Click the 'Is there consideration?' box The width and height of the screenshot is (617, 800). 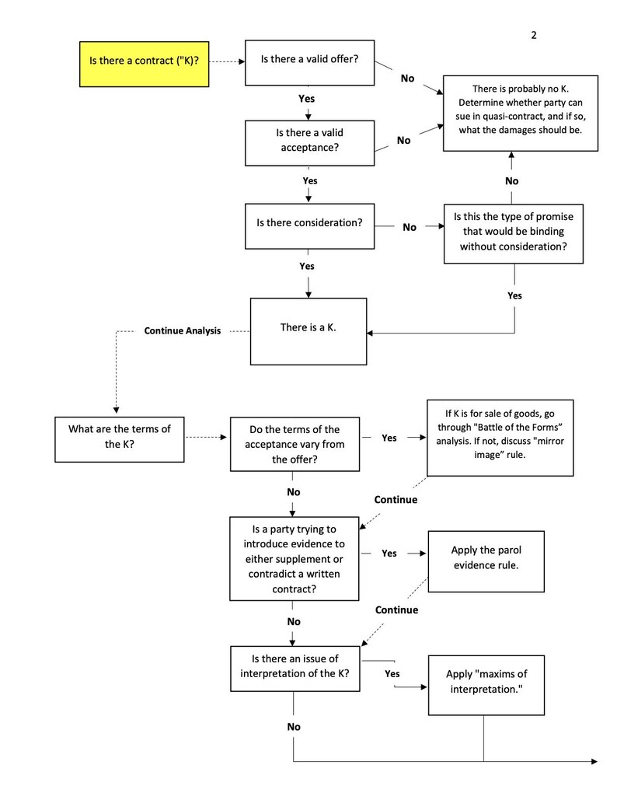point(308,223)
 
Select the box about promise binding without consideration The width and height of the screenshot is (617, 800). point(513,232)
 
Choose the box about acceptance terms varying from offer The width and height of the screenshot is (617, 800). point(295,444)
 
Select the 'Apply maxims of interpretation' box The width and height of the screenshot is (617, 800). point(484,683)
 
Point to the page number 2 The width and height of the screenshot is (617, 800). point(534,34)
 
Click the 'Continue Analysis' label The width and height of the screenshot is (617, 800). point(183,330)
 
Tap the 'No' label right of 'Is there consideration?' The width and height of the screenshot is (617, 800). point(410,227)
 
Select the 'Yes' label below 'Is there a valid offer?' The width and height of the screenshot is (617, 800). point(307,99)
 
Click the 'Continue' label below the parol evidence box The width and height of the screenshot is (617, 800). point(396,610)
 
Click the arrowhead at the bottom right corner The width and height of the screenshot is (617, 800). point(594,761)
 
